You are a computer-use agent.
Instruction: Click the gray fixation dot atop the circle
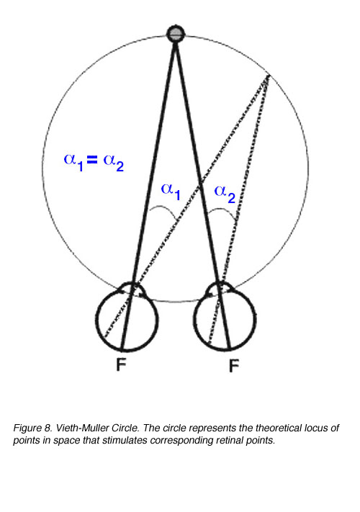(x=176, y=34)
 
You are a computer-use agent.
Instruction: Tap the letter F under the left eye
(x=121, y=364)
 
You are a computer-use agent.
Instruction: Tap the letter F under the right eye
(x=234, y=366)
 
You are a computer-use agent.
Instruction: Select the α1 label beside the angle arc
(x=171, y=192)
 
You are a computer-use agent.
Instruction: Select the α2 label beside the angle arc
(x=225, y=194)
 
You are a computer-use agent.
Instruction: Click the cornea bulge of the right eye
(x=221, y=285)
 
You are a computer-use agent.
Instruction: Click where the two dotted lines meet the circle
(x=268, y=76)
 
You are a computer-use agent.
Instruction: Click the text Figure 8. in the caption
(x=32, y=428)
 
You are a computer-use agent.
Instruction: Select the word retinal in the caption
(x=228, y=440)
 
